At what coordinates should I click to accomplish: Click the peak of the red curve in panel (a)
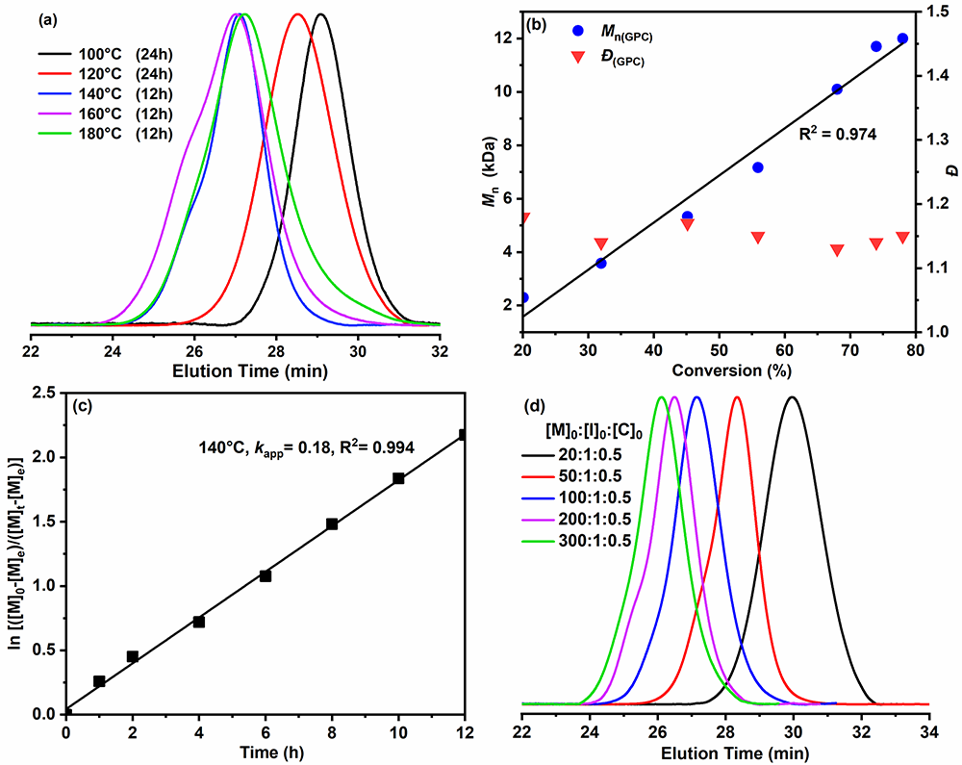pos(297,14)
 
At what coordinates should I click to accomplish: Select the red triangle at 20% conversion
pos(523,218)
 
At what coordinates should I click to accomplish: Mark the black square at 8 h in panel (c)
pos(332,524)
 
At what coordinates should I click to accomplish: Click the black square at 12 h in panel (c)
pos(464,435)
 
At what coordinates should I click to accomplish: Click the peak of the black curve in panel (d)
pos(792,396)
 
